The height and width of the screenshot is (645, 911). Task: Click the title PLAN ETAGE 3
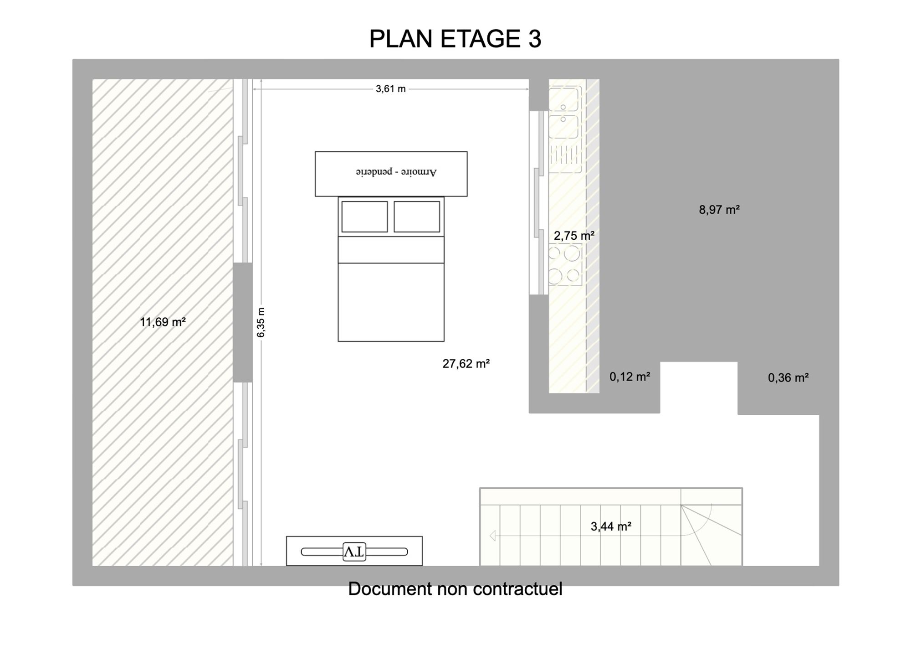[x=455, y=39]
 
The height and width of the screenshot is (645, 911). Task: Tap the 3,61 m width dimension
[x=390, y=89]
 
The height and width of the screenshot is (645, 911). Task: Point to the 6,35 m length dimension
[x=261, y=322]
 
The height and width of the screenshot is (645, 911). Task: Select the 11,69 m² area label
[x=163, y=322]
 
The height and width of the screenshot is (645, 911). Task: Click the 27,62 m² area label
[x=466, y=364]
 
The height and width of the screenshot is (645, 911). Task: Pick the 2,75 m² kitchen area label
[x=574, y=236]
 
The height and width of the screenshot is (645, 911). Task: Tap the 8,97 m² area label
[x=719, y=210]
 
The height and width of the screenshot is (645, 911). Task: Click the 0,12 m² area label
[x=630, y=377]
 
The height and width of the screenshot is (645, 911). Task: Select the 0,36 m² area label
[x=788, y=377]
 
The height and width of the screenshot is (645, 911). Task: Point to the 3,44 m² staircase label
[x=611, y=526]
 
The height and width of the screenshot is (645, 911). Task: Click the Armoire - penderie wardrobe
[x=391, y=174]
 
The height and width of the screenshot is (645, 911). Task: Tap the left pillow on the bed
[x=364, y=217]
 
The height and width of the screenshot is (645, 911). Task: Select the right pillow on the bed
[x=417, y=217]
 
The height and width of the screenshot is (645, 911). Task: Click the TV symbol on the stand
[x=354, y=552]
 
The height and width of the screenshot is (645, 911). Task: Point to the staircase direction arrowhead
[x=492, y=536]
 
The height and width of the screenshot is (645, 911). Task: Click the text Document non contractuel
[x=455, y=589]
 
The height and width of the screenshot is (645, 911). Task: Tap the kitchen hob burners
[x=565, y=264]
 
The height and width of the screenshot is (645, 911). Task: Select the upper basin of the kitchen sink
[x=563, y=99]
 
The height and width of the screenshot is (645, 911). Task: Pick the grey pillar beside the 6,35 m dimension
[x=243, y=322]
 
